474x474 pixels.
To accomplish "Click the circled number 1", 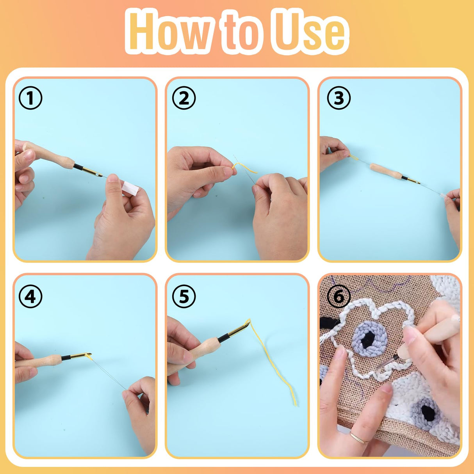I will (x=30, y=98).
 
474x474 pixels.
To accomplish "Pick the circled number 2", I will (x=184, y=98).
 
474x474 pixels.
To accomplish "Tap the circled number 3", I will (x=339, y=98).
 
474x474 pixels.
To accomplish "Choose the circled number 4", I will (x=30, y=297).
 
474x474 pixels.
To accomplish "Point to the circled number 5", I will (x=184, y=297).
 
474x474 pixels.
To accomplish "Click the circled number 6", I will (x=339, y=297).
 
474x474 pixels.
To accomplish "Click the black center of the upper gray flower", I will (x=369, y=340).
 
